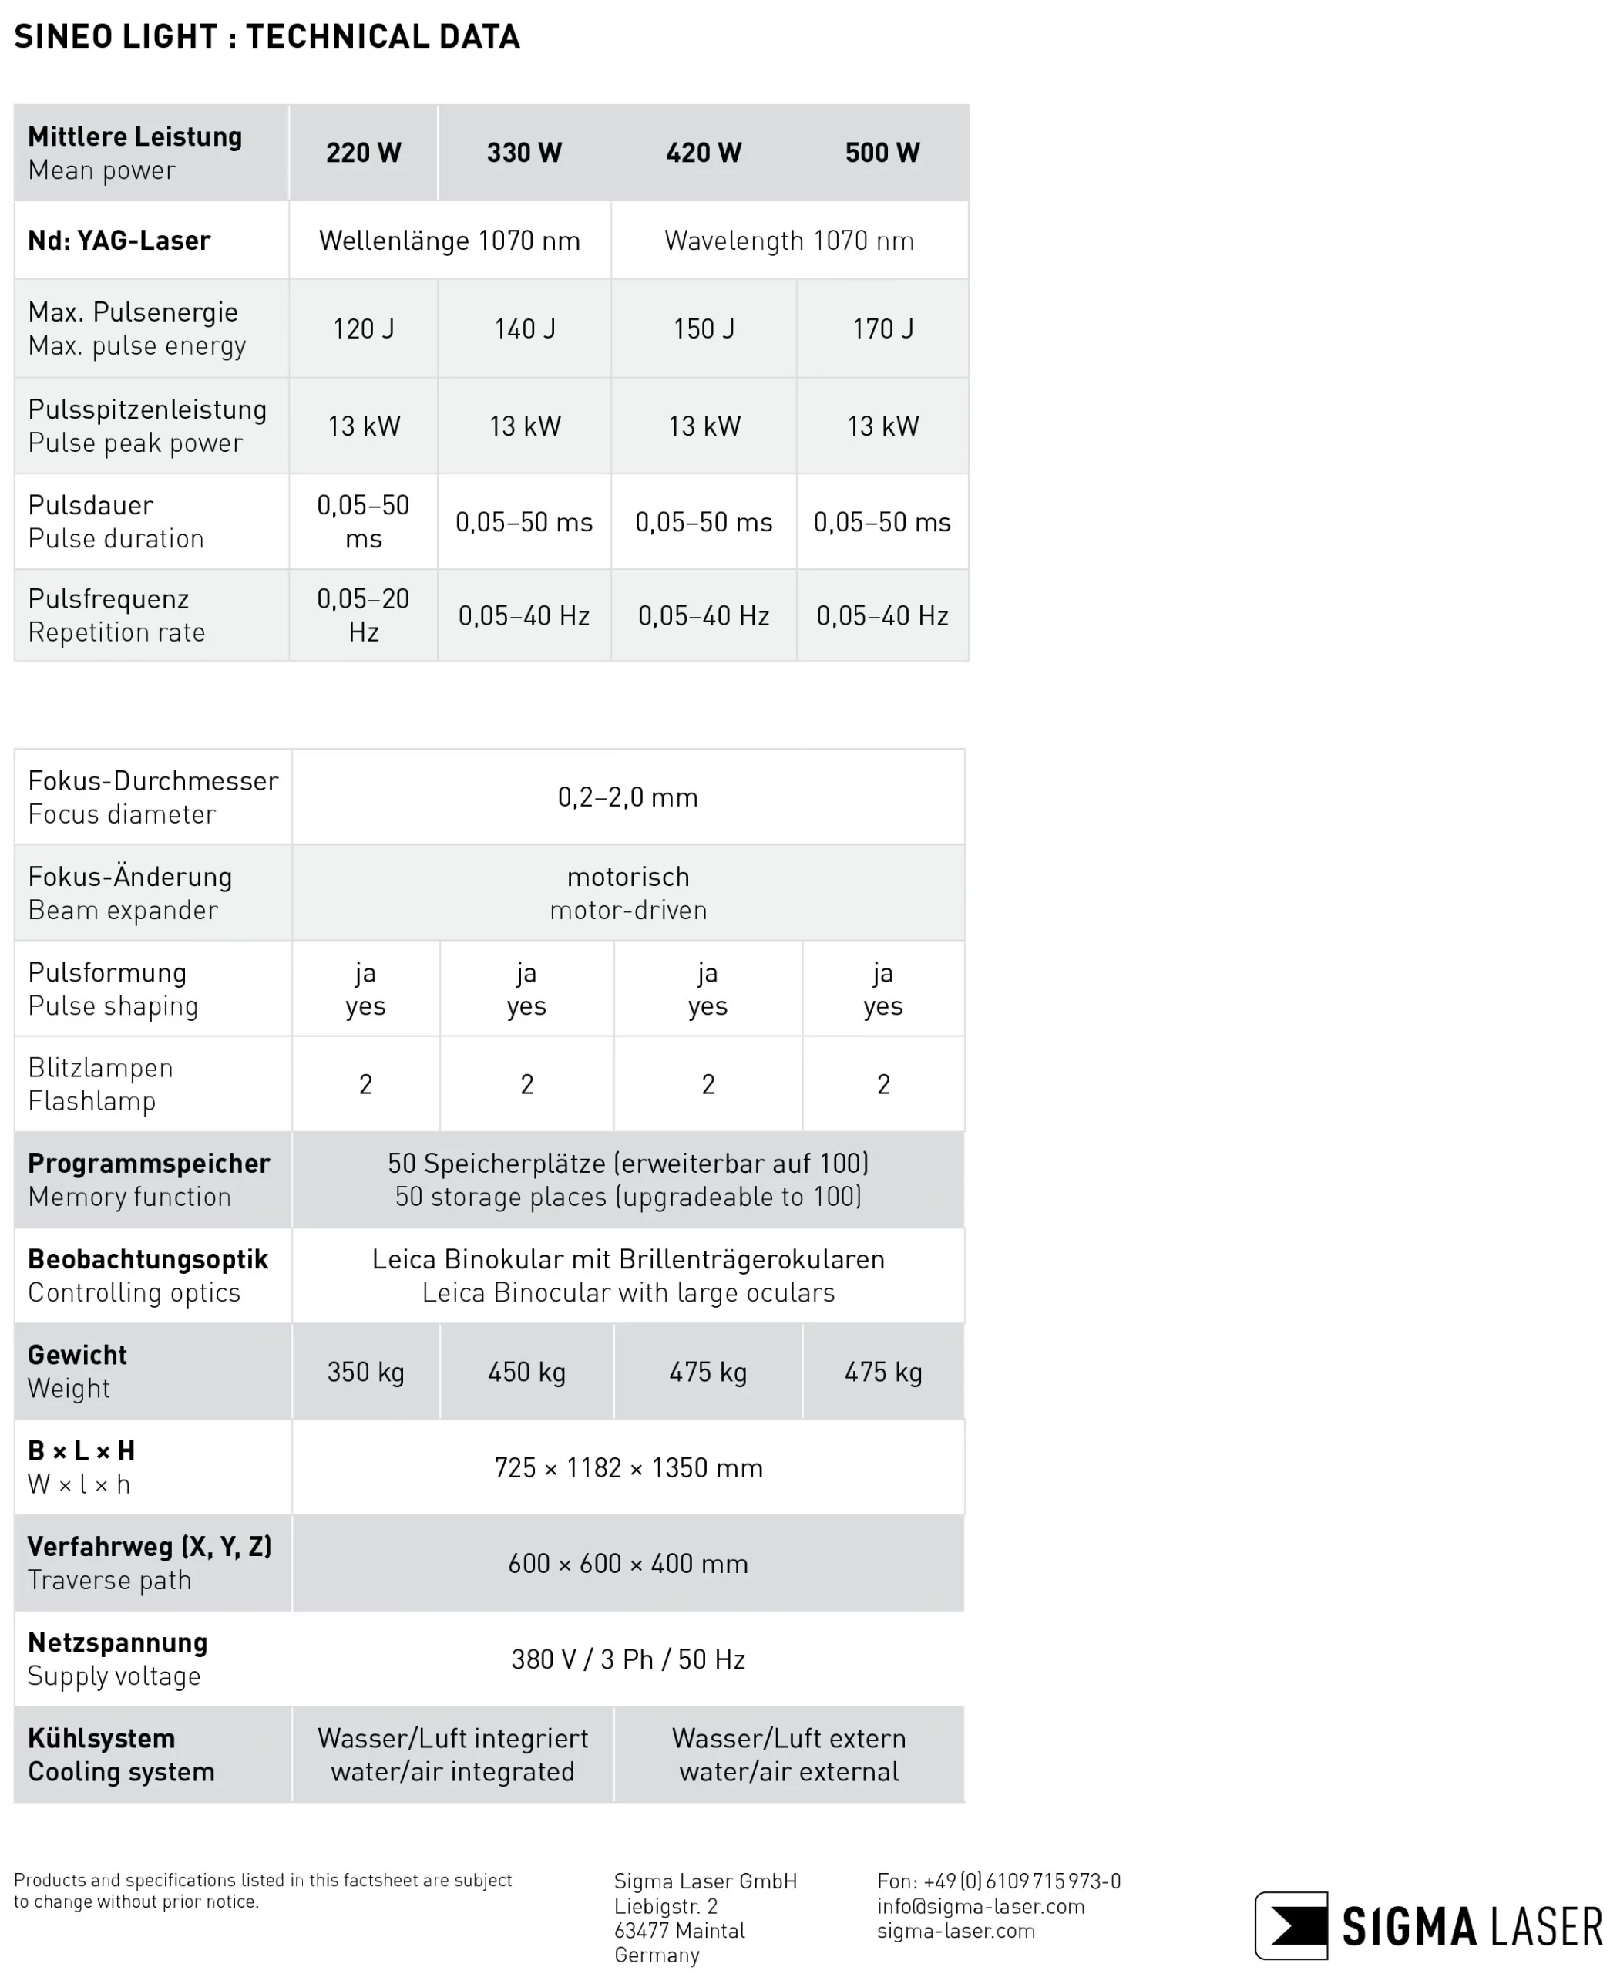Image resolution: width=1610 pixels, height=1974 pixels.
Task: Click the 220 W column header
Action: point(363,153)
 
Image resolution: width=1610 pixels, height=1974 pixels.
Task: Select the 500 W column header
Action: point(882,153)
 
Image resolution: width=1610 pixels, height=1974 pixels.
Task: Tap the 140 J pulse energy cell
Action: point(525,328)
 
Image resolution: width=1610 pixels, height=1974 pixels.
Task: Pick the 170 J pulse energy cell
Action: point(882,328)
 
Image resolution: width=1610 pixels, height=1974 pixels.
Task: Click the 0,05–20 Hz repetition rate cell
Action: point(363,615)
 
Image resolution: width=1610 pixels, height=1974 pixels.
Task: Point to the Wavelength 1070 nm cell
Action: point(788,241)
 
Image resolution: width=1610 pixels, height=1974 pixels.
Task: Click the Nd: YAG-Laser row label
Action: point(119,241)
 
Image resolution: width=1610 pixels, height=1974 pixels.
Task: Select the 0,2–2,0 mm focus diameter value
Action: point(628,798)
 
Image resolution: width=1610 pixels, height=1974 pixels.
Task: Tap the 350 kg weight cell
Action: point(365,1372)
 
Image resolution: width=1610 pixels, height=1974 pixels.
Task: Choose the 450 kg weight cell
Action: point(526,1372)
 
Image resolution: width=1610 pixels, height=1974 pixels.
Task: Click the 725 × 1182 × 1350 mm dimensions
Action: point(628,1467)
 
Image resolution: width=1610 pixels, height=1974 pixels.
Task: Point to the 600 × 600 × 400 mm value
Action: point(628,1563)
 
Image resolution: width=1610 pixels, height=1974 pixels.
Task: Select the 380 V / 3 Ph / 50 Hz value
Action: point(628,1659)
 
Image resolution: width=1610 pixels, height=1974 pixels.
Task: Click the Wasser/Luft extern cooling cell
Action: point(788,1754)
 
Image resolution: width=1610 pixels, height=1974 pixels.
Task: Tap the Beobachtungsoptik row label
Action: point(147,1260)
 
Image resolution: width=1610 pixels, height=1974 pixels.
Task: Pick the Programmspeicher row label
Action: point(149,1164)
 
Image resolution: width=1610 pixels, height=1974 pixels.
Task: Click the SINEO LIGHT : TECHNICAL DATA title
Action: point(267,37)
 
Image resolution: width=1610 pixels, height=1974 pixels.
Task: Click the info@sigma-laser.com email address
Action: point(980,1906)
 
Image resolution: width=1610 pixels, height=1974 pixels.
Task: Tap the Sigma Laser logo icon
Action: point(1291,1925)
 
